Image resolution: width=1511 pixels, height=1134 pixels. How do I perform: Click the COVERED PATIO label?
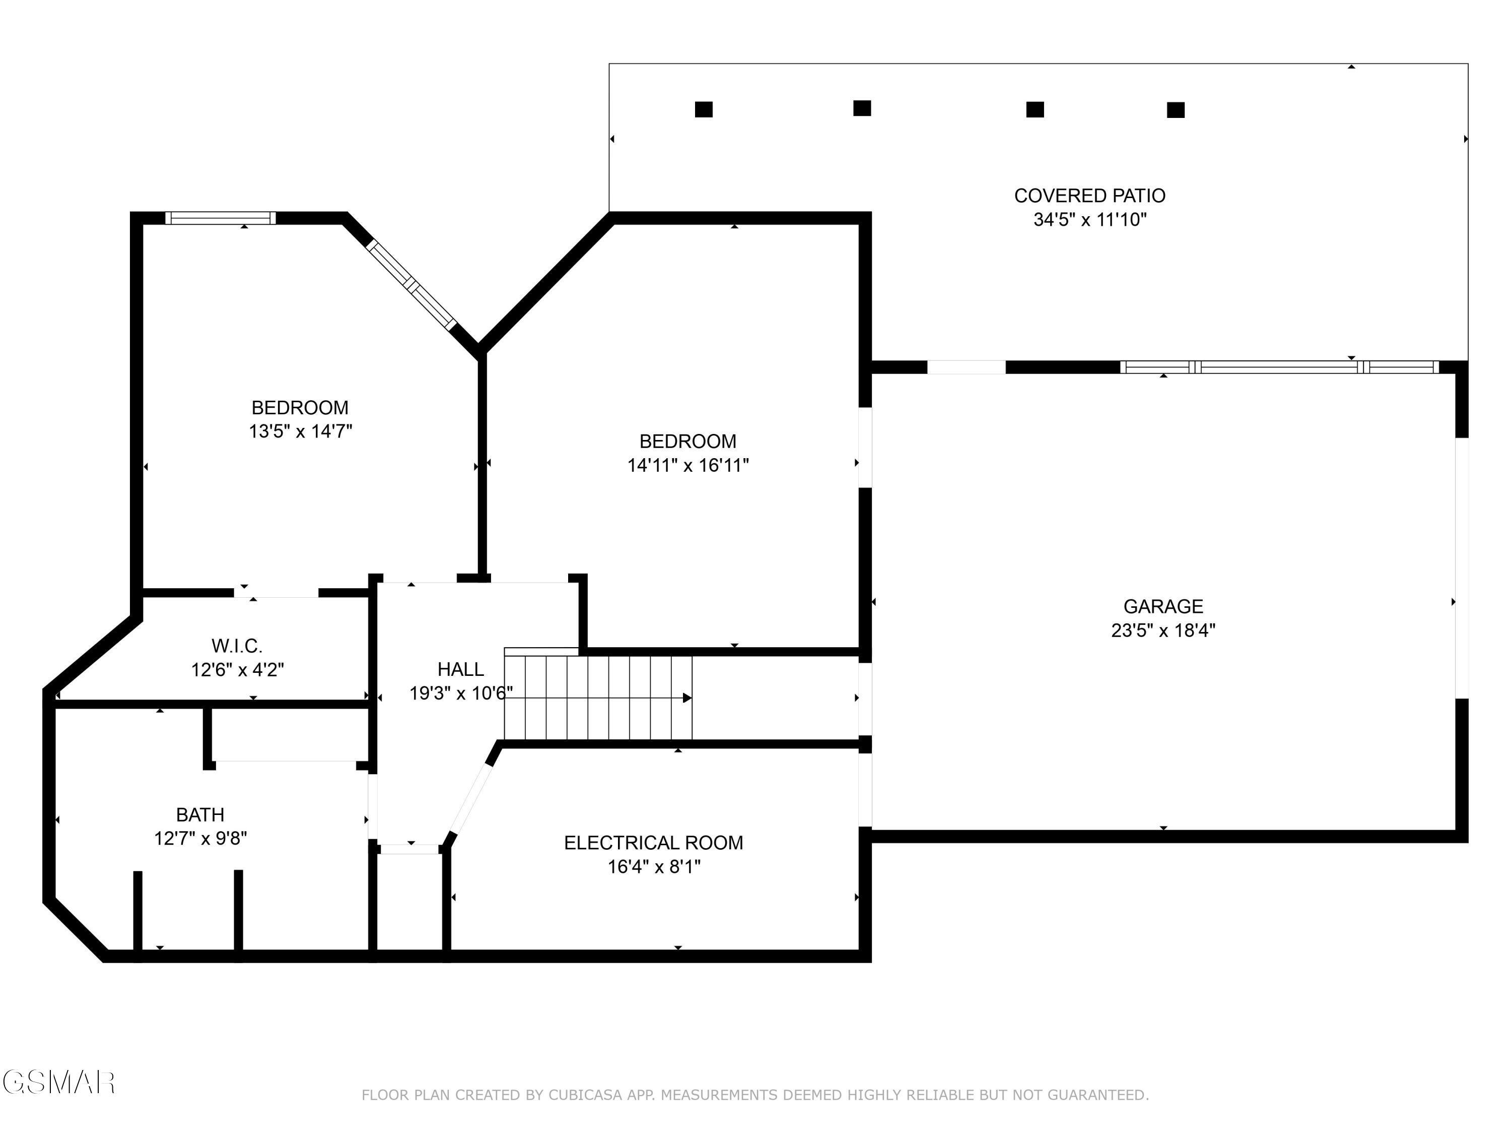click(1089, 196)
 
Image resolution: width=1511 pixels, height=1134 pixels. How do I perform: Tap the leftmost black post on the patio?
click(704, 109)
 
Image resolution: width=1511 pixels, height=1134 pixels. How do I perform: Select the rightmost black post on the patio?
click(1175, 110)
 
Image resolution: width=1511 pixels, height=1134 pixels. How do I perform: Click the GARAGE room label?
click(1162, 606)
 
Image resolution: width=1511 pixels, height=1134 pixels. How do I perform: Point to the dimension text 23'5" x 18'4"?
click(1162, 630)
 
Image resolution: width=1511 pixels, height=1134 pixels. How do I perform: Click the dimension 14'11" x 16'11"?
click(688, 466)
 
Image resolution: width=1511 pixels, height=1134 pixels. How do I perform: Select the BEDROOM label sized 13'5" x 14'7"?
click(300, 407)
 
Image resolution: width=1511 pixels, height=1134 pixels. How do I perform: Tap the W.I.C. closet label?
click(236, 645)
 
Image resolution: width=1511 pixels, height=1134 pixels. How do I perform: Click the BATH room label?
click(200, 815)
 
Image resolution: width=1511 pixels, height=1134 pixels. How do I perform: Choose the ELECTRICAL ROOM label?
click(653, 843)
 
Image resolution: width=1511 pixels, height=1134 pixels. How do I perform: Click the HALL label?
click(460, 669)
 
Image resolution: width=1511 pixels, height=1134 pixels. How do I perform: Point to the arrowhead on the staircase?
click(687, 698)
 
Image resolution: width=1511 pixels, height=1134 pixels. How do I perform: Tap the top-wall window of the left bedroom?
click(220, 218)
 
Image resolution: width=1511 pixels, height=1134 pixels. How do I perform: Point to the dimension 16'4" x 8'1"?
click(654, 867)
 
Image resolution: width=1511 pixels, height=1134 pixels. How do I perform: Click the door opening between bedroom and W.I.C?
click(277, 593)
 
